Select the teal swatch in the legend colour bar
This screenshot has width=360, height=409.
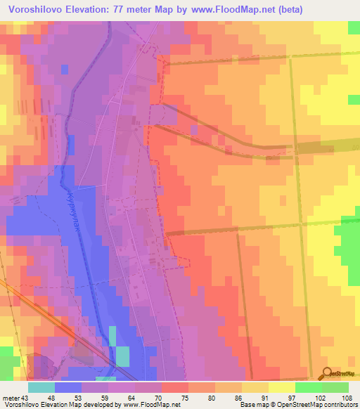pyautogui.click(x=41, y=387)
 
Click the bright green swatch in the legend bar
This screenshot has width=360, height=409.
pyautogui.click(x=307, y=387)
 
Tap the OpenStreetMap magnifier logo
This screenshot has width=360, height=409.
pyautogui.click(x=325, y=373)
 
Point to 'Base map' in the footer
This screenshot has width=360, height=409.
pyautogui.click(x=252, y=405)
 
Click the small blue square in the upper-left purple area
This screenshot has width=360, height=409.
pyautogui.click(x=65, y=69)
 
